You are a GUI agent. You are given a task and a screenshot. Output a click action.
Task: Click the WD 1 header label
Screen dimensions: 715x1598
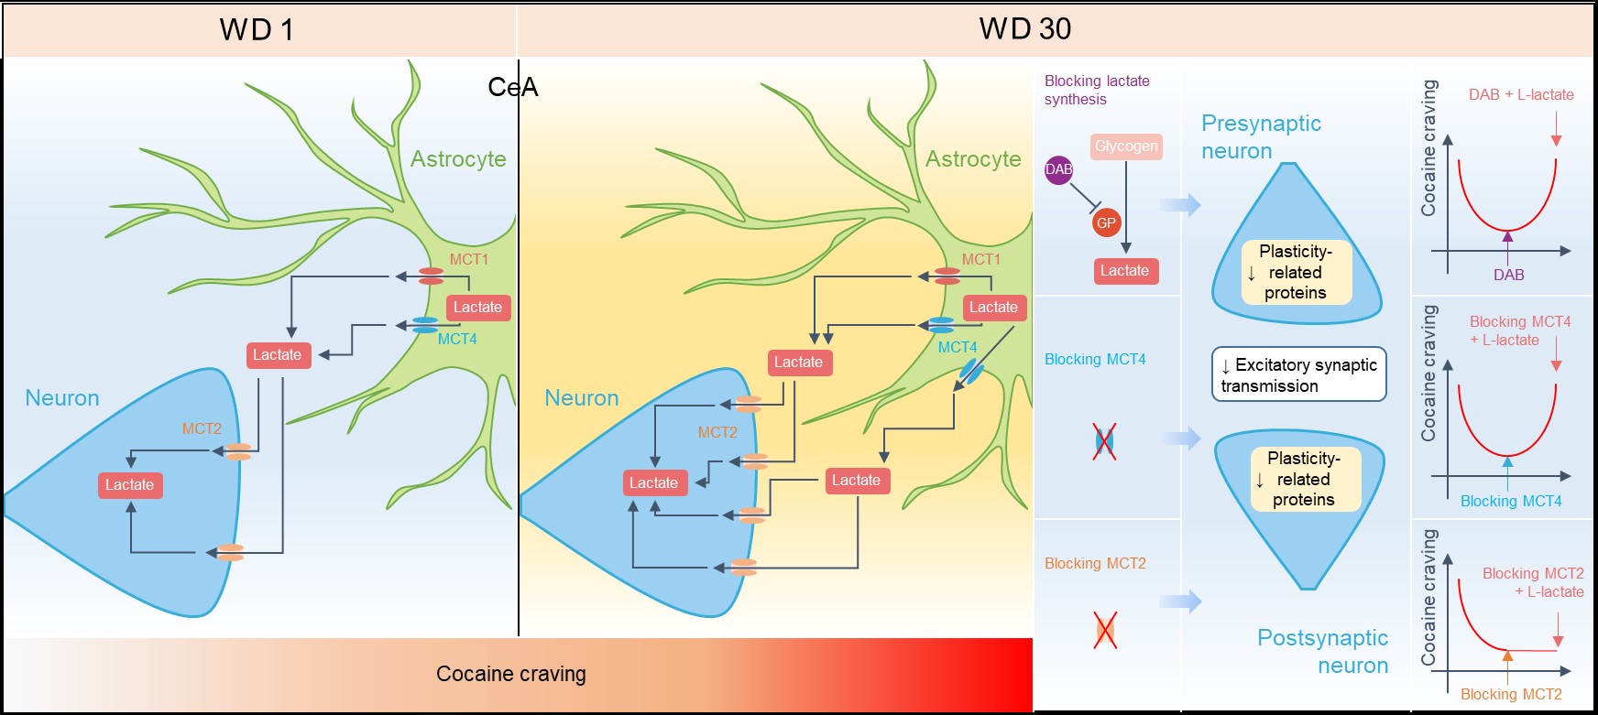coord(257,29)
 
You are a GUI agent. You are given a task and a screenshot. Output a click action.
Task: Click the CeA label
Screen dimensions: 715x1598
coord(512,87)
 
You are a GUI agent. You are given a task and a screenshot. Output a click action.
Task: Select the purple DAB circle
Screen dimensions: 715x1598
coord(1058,169)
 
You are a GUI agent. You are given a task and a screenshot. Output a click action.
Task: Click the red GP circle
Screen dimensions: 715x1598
coord(1106,222)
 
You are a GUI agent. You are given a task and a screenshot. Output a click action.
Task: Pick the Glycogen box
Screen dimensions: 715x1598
coord(1126,146)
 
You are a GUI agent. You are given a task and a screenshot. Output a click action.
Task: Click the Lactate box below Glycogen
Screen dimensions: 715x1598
coord(1124,271)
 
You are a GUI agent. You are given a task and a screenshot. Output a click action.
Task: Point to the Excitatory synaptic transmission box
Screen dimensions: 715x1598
coord(1298,374)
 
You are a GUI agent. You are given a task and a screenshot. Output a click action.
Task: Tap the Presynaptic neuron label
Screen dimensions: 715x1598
coord(1261,136)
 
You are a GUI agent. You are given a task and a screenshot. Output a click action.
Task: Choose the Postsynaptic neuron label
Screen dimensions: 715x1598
coord(1322,651)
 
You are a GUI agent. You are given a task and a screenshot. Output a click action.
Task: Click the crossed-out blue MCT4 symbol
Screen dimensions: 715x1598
coord(1104,442)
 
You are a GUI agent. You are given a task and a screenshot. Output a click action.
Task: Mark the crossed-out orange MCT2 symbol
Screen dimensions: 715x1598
coord(1105,630)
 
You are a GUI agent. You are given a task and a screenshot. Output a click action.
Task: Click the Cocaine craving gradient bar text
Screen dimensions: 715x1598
coord(510,674)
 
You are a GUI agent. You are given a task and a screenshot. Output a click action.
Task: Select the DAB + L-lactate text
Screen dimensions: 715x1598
coord(1521,94)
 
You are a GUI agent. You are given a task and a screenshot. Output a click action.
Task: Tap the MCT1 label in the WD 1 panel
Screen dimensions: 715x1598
coord(468,259)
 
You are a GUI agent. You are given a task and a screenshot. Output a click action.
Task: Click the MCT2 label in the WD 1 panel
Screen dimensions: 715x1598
coord(202,428)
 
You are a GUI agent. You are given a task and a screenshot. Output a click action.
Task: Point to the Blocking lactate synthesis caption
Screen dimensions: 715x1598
coord(1096,90)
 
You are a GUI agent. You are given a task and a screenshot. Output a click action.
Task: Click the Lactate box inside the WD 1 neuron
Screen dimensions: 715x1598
coord(129,484)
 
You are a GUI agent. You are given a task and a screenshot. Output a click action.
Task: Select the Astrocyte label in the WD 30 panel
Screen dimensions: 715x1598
coord(973,159)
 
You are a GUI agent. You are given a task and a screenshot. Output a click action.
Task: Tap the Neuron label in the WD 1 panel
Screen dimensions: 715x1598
coord(62,398)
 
